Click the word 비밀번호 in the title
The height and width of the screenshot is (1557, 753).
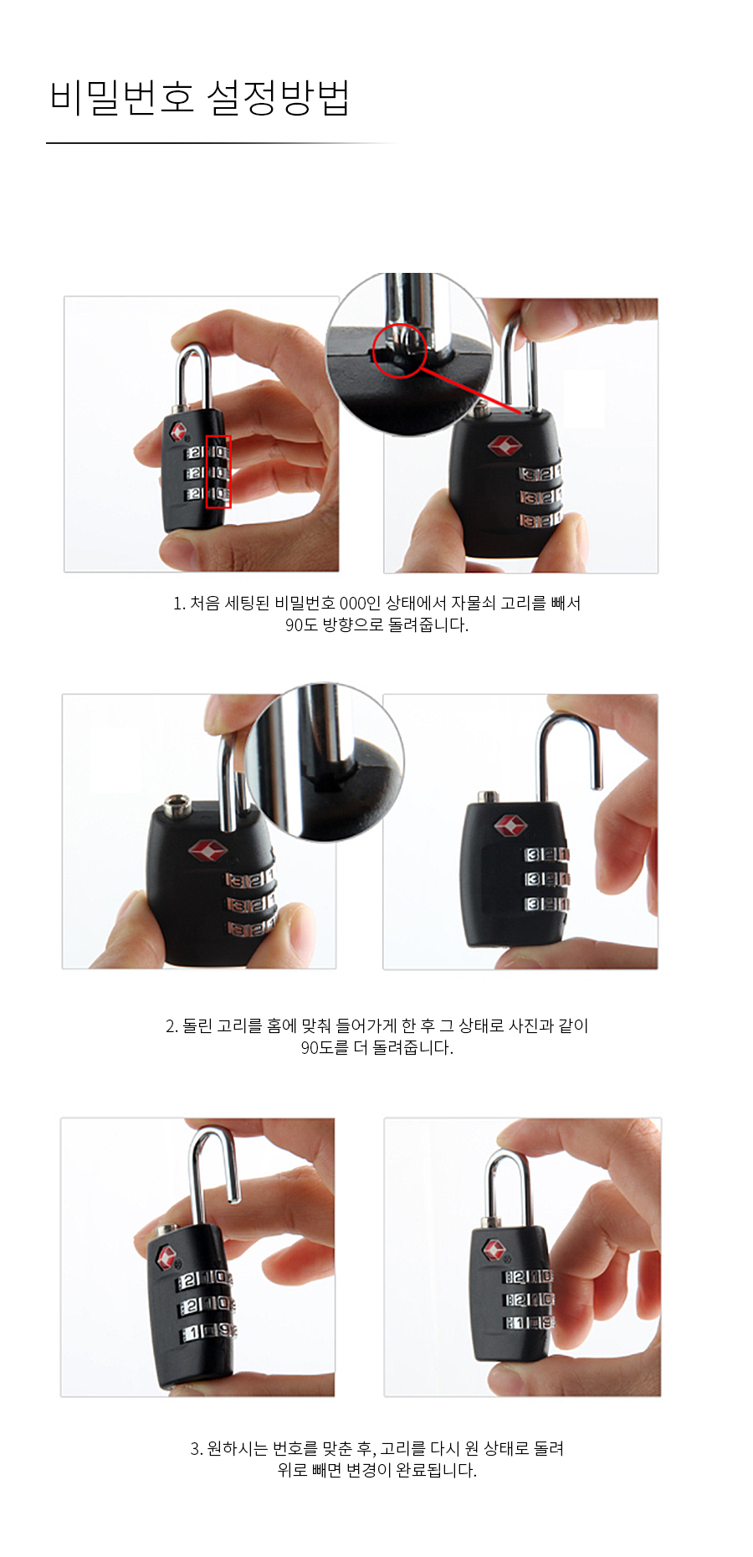tap(122, 98)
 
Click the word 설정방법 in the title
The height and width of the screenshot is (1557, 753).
tap(278, 98)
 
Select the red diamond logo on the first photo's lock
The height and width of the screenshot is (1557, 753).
tap(179, 432)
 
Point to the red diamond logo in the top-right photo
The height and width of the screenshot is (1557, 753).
tap(505, 446)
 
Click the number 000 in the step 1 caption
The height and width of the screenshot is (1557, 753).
tap(353, 604)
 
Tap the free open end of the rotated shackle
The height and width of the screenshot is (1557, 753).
tap(597, 785)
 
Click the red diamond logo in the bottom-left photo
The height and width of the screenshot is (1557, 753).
tap(166, 1256)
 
